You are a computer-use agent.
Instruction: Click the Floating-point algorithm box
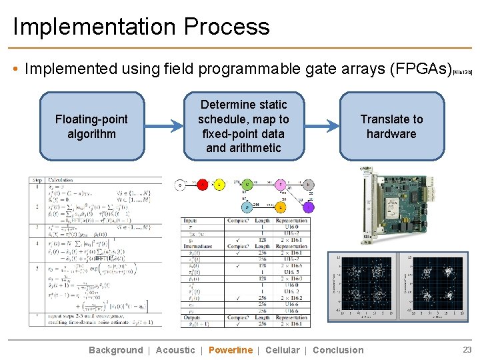[91, 126]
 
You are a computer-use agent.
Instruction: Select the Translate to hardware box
[391, 126]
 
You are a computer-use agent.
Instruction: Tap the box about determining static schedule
[243, 126]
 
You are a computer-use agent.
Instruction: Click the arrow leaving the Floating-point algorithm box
[163, 126]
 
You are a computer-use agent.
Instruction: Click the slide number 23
[467, 349]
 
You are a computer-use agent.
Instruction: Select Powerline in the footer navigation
[231, 350]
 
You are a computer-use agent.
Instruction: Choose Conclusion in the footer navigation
[338, 350]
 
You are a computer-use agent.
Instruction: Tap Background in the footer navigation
[115, 350]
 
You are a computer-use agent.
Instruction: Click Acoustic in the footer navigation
[175, 350]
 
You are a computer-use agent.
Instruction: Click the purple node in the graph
[308, 207]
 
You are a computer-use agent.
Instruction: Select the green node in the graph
[247, 185]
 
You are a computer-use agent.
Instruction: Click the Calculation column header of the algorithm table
[61, 180]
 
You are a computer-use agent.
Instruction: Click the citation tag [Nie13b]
[463, 71]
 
